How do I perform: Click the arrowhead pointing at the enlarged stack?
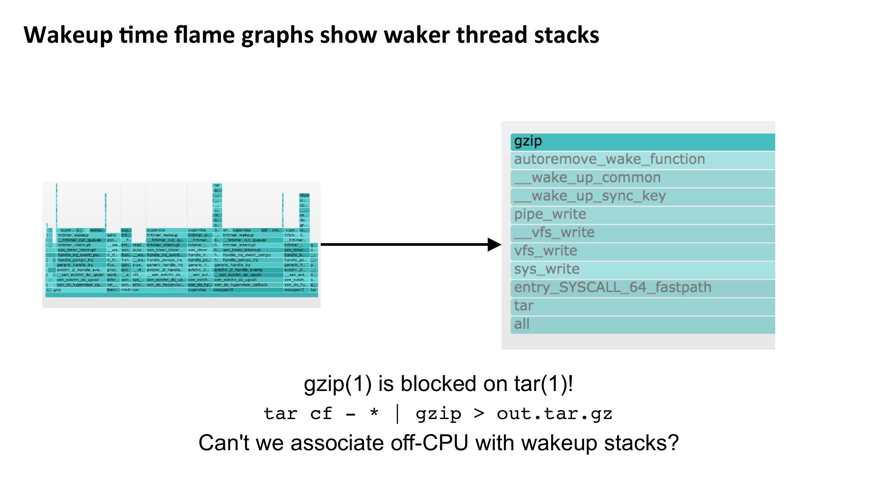coord(494,244)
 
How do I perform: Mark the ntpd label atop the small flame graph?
coord(304,196)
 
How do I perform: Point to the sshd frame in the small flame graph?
coord(111,235)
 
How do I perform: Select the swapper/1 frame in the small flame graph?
coord(294,290)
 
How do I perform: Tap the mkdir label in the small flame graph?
coord(127,290)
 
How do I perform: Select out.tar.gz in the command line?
coord(555,414)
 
